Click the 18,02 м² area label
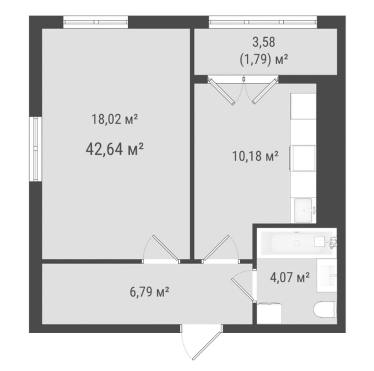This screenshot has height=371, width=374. tap(115, 119)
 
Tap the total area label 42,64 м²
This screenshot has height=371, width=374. tap(115, 149)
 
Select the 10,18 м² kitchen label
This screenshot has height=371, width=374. tap(255, 156)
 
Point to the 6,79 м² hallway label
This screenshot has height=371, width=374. tap(150, 292)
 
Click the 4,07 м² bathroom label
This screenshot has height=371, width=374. tap(290, 277)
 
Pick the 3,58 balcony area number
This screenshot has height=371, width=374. tap(264, 42)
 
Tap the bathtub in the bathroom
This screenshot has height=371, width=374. tap(297, 243)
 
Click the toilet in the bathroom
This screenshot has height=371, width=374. tap(325, 309)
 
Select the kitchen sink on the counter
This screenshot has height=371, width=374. tap(303, 210)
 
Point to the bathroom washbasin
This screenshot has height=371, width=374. tap(327, 275)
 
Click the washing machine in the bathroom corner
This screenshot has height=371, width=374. tap(269, 314)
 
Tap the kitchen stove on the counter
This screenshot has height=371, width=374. tap(303, 158)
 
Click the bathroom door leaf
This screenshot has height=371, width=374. tap(243, 289)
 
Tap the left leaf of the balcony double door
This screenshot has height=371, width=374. tap(221, 92)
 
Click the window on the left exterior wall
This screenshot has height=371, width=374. tap(36, 149)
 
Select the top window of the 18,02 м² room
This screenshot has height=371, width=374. tap(96, 22)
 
